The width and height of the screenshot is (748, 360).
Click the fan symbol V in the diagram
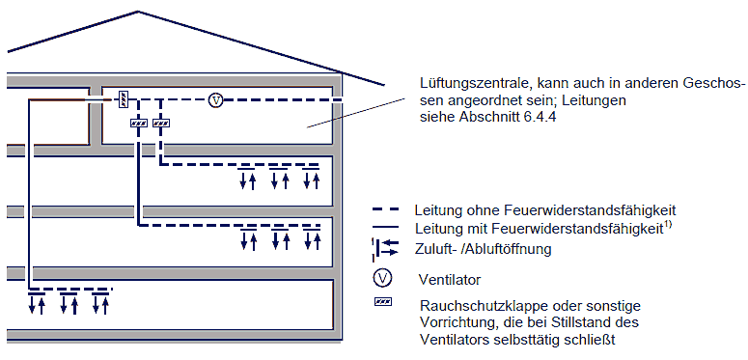(216, 100)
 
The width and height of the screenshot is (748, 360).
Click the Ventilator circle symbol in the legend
(382, 279)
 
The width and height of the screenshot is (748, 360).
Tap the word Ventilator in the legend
(450, 280)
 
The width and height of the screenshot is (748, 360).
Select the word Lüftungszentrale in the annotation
(475, 84)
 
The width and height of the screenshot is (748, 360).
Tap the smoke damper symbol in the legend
(382, 302)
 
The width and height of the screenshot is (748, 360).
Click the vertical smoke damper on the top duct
(124, 99)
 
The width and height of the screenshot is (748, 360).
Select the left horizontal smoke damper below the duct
(138, 123)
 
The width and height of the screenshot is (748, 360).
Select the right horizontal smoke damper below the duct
(161, 123)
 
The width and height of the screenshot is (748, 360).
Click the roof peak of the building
(138, 12)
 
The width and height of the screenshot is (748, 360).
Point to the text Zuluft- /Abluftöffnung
(484, 249)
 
